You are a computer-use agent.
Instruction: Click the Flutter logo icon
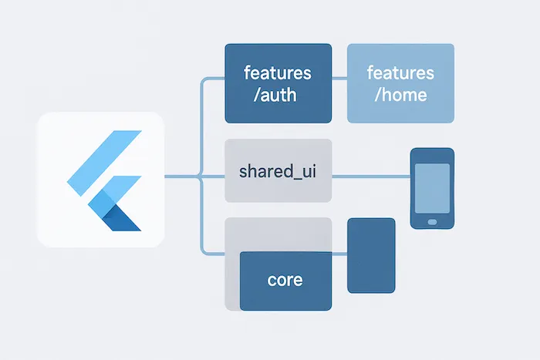point(104,180)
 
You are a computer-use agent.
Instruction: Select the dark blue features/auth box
point(278,83)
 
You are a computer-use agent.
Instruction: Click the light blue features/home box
point(400,83)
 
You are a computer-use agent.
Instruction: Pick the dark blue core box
point(285,281)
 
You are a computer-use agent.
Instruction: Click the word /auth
point(278,97)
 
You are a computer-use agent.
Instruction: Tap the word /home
point(400,97)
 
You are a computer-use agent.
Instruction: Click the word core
point(285,279)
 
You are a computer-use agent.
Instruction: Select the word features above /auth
point(278,74)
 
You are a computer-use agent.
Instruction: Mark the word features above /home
point(400,74)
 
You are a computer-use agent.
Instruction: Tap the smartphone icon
point(432,188)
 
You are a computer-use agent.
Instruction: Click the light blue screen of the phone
point(432,185)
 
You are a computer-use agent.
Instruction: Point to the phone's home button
point(432,221)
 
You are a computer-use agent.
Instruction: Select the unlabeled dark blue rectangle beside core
point(371,255)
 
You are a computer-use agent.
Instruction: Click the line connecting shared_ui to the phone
point(370,177)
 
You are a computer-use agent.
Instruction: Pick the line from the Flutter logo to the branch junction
point(182,178)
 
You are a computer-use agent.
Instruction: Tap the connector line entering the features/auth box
point(213,79)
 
